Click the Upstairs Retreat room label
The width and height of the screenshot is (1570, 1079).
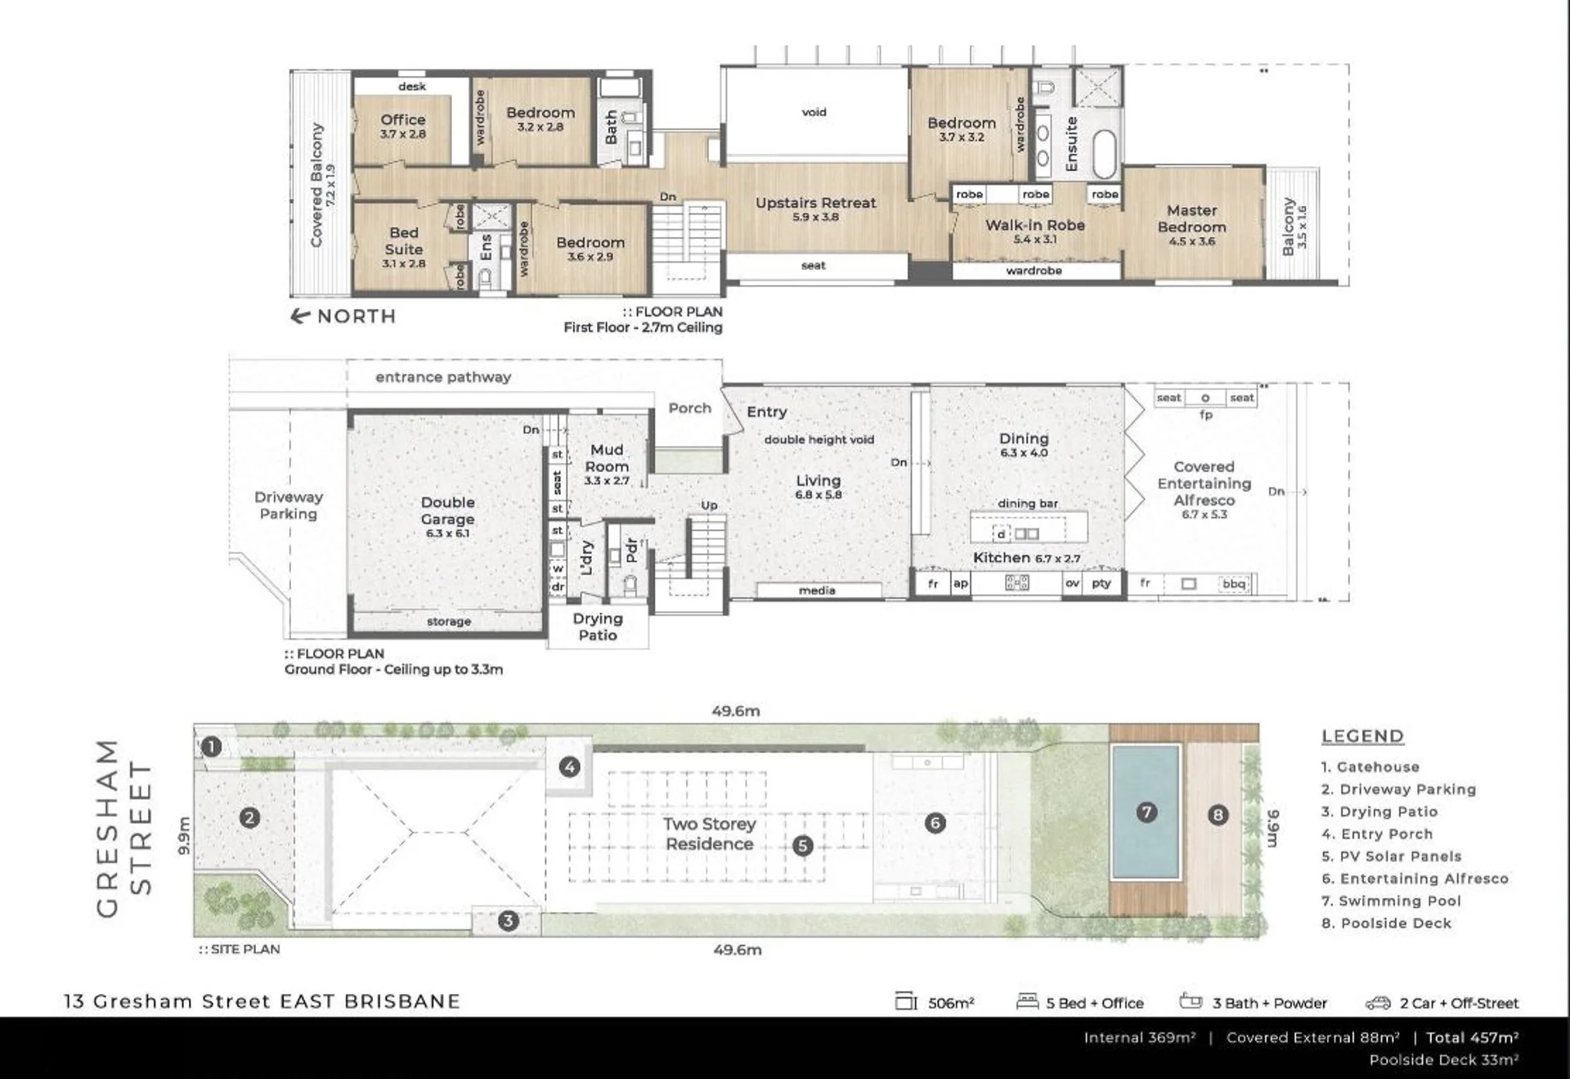pyautogui.click(x=815, y=203)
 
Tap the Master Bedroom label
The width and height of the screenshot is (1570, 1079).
pyautogui.click(x=1191, y=218)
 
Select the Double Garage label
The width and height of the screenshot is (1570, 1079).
pyautogui.click(x=447, y=510)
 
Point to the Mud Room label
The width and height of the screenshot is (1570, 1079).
pyautogui.click(x=607, y=458)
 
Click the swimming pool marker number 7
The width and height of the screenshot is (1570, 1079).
pyautogui.click(x=1146, y=811)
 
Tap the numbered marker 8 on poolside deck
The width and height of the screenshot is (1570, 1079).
pyautogui.click(x=1218, y=815)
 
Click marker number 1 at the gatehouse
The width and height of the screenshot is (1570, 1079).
pyautogui.click(x=212, y=747)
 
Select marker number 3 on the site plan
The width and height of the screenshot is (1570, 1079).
pyautogui.click(x=508, y=921)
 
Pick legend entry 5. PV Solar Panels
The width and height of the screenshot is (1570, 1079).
pyautogui.click(x=1391, y=856)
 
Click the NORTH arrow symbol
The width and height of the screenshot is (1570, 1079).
pyautogui.click(x=300, y=316)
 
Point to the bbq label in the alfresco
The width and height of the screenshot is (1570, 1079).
pyautogui.click(x=1233, y=584)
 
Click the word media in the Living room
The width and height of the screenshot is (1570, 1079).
pyautogui.click(x=817, y=591)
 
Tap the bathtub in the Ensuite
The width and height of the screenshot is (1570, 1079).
pyautogui.click(x=1105, y=153)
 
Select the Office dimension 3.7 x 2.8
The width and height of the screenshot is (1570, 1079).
pyautogui.click(x=402, y=134)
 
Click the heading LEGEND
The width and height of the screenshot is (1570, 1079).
pyautogui.click(x=1362, y=736)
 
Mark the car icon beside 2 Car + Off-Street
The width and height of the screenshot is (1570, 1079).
pyautogui.click(x=1378, y=1003)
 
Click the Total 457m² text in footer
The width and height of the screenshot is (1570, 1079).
pyautogui.click(x=1472, y=1037)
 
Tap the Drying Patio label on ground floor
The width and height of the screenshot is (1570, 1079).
pyautogui.click(x=598, y=627)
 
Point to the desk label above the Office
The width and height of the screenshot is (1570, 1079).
pyautogui.click(x=412, y=87)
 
